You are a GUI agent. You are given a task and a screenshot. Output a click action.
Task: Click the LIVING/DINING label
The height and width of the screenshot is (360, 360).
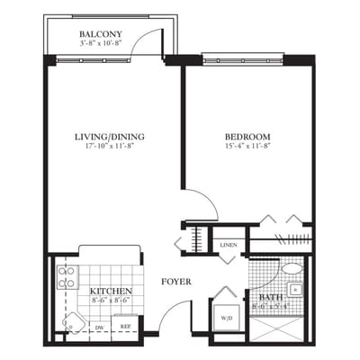coord(111,137)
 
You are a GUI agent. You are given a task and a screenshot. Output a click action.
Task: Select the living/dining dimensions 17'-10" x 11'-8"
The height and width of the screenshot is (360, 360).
coord(111,147)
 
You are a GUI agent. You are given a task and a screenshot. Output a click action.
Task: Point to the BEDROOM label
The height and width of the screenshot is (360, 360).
coord(247,137)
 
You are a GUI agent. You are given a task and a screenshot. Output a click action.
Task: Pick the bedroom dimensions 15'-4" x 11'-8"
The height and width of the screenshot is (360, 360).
coord(247,147)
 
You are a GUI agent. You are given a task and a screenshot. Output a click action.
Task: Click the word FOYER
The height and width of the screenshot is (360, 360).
coord(175,282)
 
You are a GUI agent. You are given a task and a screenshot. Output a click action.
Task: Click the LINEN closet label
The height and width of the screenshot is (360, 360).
coord(229,244)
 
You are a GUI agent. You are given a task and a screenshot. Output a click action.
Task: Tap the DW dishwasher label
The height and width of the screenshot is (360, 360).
coord(101,328)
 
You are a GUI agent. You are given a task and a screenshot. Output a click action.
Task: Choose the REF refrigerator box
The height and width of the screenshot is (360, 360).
coord(126,328)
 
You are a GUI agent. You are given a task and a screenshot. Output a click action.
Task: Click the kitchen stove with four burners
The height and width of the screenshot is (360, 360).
coord(67,276)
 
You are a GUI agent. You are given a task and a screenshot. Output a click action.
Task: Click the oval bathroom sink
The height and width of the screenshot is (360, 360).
coord(292,268)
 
